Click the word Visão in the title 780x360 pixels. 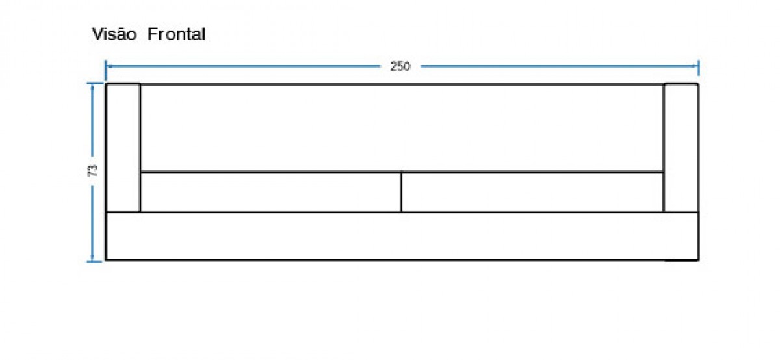pyautogui.click(x=114, y=34)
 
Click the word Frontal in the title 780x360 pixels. pyautogui.click(x=176, y=34)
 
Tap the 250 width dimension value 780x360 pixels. pyautogui.click(x=400, y=66)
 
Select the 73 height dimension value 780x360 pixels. pyautogui.click(x=92, y=171)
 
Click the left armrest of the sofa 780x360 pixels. pyautogui.click(x=123, y=148)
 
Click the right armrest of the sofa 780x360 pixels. pyautogui.click(x=681, y=148)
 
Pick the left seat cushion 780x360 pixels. pyautogui.click(x=271, y=192)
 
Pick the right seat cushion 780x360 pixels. pyautogui.click(x=532, y=192)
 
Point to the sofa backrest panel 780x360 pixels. pyautogui.click(x=402, y=128)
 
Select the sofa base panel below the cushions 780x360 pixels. pyautogui.click(x=402, y=236)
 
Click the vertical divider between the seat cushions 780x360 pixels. pyautogui.click(x=402, y=192)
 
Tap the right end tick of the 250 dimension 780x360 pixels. pyautogui.click(x=698, y=68)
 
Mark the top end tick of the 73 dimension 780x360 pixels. pyautogui.click(x=94, y=84)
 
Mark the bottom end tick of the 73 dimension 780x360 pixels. pyautogui.click(x=94, y=261)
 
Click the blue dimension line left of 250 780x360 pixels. pyautogui.click(x=243, y=66)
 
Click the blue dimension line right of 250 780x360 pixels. pyautogui.click(x=559, y=66)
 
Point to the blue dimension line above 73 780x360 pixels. pyautogui.click(x=92, y=120)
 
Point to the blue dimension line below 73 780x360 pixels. pyautogui.click(x=92, y=223)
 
